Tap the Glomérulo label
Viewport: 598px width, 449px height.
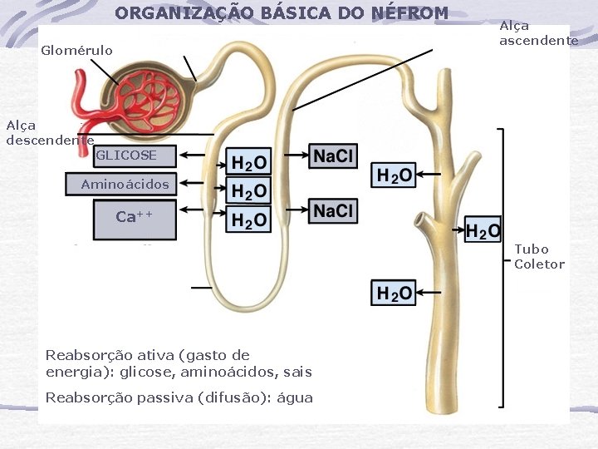[76, 51]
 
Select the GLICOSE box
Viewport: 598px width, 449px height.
[125, 155]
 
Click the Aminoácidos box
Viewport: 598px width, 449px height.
[124, 185]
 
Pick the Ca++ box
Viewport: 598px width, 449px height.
[135, 217]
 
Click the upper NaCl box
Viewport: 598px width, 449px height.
[333, 155]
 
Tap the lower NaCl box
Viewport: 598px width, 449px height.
[333, 211]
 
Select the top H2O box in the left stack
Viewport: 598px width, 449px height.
[248, 162]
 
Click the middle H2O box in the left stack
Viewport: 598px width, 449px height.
[248, 191]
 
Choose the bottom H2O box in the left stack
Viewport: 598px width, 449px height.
[248, 220]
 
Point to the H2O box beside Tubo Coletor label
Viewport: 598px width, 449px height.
[483, 230]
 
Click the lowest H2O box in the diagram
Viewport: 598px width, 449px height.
[393, 293]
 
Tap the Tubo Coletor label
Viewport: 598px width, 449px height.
[539, 257]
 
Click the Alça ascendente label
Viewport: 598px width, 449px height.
[538, 33]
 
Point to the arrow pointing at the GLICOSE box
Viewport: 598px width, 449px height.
[203, 155]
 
